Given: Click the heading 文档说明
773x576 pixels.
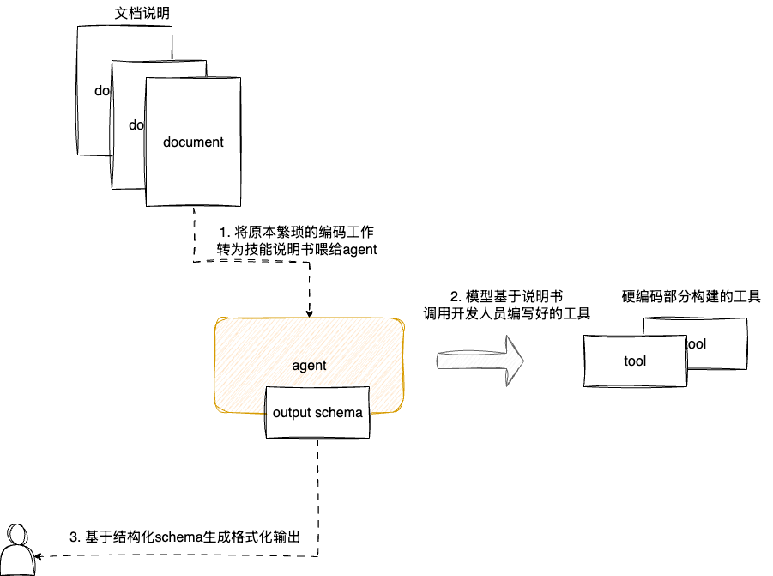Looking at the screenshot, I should [142, 15].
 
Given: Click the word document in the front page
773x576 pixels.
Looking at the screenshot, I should [193, 142].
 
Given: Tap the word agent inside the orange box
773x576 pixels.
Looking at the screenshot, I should [309, 365].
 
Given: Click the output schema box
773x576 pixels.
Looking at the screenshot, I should [317, 412].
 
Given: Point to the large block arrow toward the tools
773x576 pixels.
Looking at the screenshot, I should [480, 359].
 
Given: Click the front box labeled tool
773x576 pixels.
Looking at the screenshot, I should [635, 361].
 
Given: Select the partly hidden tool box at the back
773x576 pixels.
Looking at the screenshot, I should [721, 330].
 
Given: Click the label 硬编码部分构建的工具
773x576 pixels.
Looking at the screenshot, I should [691, 297].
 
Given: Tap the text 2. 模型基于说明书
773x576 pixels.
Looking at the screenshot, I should [506, 296].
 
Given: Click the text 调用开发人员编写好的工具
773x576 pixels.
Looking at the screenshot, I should [507, 314].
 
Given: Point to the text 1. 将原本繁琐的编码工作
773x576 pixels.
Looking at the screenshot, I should [296, 232].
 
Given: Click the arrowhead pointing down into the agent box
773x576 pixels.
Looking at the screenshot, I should [309, 313].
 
